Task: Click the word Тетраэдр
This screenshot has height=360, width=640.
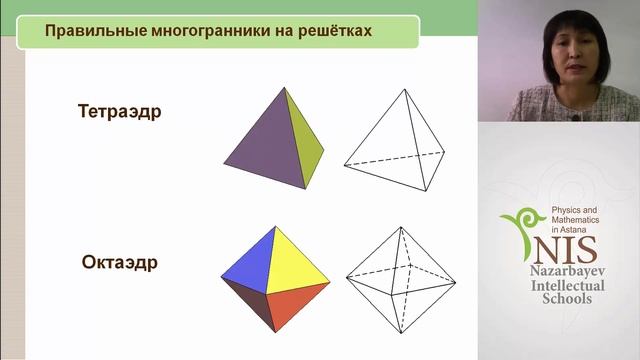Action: (x=119, y=111)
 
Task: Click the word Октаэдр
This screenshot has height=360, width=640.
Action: (x=120, y=264)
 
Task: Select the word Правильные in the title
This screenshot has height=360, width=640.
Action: (x=87, y=31)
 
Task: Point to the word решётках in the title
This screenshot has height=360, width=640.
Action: (x=329, y=31)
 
